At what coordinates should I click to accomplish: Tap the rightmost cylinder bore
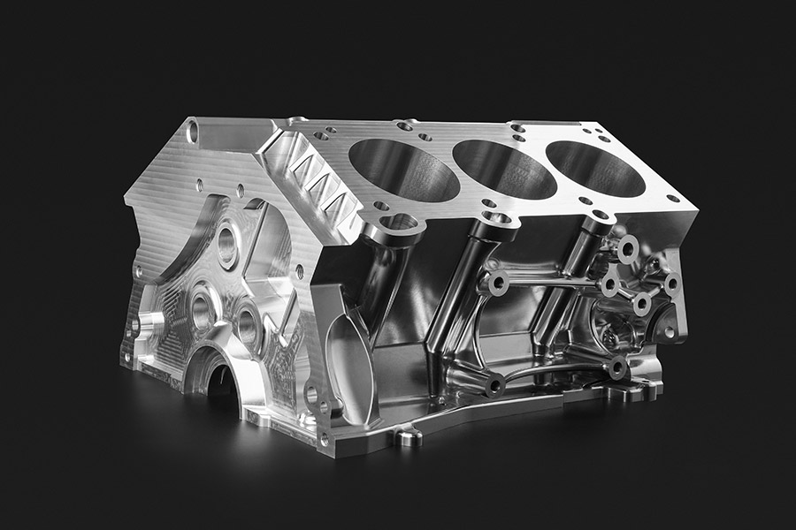[595, 168]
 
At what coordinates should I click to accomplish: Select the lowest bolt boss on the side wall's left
[496, 383]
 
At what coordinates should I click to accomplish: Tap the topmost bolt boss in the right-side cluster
[629, 249]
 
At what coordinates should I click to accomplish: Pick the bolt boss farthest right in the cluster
[671, 284]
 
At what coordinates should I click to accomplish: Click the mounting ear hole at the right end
[669, 332]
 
